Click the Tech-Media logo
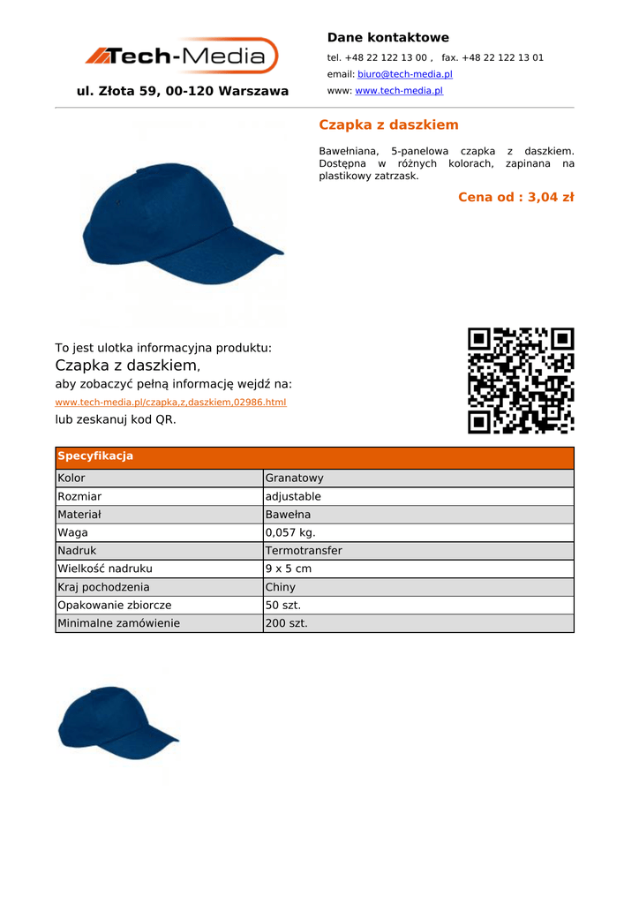click(182, 56)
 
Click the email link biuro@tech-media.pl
click(404, 74)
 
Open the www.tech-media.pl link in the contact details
click(398, 91)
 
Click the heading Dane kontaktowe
click(387, 37)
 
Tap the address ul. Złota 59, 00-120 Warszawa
click(183, 91)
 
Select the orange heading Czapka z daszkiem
click(388, 124)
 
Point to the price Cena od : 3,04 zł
click(515, 197)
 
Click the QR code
click(521, 380)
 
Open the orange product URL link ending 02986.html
click(170, 402)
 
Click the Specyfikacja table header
click(95, 456)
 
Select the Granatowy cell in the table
click(295, 478)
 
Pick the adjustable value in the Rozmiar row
click(293, 497)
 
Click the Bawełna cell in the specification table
click(288, 515)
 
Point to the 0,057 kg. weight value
click(290, 533)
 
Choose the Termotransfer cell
click(304, 551)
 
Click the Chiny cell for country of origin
click(281, 587)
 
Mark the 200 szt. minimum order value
click(287, 623)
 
